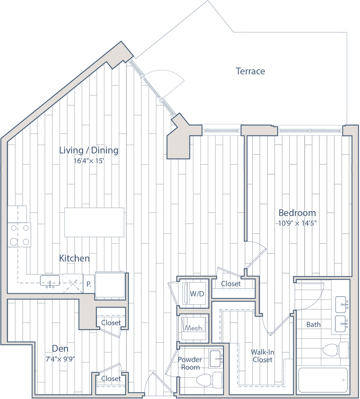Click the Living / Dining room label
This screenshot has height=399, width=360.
coord(88,150)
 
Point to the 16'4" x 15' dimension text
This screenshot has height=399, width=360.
coord(89,161)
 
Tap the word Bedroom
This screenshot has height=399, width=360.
coord(297,213)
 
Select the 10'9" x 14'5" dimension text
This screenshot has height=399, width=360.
coord(298,223)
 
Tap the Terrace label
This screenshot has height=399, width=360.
coord(251,71)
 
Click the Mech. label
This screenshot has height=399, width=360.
coord(194,328)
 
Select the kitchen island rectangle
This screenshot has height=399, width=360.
coord(94,222)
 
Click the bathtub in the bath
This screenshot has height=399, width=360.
coord(323,380)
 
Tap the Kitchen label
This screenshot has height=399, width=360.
coord(75,258)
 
